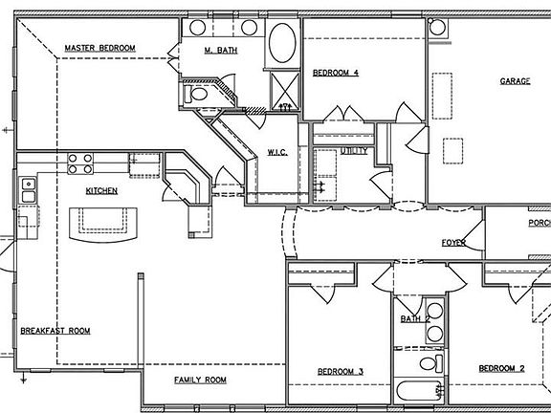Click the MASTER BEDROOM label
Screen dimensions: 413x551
coord(99,48)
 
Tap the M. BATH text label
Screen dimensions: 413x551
coord(221,50)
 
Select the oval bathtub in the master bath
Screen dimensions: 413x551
coord(282,44)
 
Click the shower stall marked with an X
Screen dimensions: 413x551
coord(284,92)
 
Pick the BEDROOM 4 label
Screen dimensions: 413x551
coord(336,72)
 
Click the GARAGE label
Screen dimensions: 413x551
coord(515,81)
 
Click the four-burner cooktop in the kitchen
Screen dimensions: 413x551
coord(79,163)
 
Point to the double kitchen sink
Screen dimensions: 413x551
coord(28,191)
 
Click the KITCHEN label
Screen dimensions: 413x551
coord(101,190)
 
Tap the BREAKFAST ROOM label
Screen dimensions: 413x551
coord(55,331)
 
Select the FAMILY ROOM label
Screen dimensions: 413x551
coord(200,380)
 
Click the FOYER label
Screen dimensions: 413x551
coord(453,243)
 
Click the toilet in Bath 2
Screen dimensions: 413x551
coord(432,363)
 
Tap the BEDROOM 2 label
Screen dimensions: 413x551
coord(501,368)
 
